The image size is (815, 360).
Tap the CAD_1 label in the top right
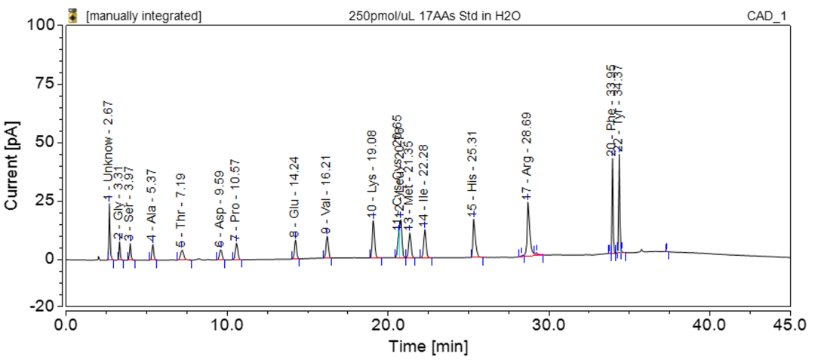[x=786, y=14]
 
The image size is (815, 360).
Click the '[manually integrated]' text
[x=144, y=14]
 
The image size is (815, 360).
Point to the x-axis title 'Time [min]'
[x=428, y=346]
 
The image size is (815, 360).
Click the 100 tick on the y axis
[x=43, y=25]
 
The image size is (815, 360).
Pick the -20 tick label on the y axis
[x=43, y=306]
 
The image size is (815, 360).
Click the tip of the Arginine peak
[x=527, y=202]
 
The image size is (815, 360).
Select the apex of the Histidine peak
[x=473, y=220]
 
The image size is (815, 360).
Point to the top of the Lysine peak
[x=373, y=220]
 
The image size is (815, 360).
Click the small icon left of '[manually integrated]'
[x=73, y=14]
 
